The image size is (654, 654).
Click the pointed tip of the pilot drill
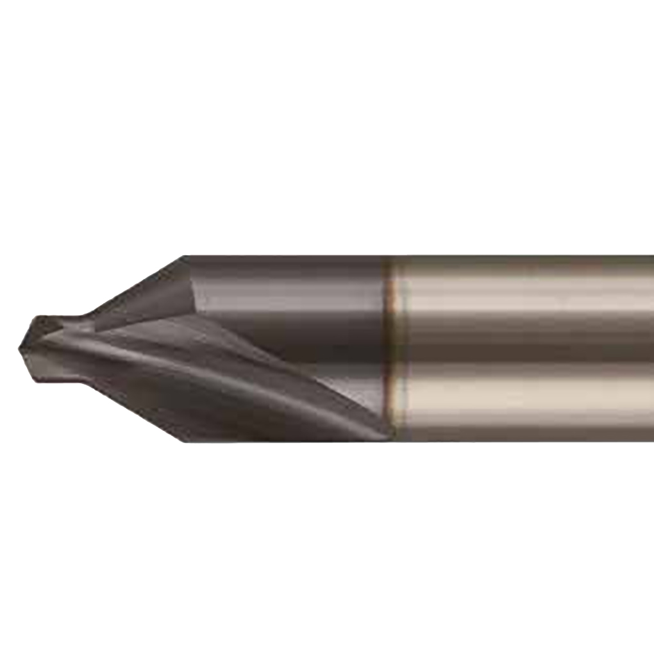21,348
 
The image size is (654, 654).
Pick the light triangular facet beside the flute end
359,391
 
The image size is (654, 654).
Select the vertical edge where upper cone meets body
192,289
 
